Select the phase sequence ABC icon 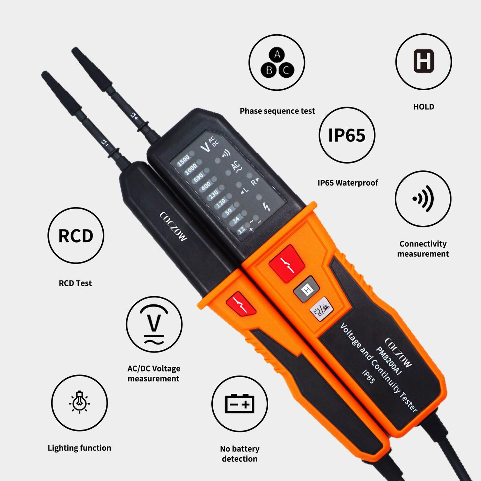point(277,63)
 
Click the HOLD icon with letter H point(424,61)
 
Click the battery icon point(239,404)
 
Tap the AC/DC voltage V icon point(154,324)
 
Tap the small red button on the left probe point(240,303)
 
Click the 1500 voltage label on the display point(183,160)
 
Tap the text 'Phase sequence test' point(277,111)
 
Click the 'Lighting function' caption point(79,448)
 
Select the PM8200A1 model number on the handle point(389,361)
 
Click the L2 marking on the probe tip point(135,116)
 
